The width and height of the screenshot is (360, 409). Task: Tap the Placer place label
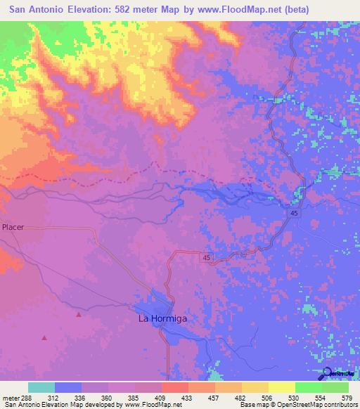coord(13,228)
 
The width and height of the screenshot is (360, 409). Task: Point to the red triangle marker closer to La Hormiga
coord(79,315)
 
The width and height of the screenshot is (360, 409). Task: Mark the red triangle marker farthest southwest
coord(44,338)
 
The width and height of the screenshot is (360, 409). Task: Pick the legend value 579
coord(345,398)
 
